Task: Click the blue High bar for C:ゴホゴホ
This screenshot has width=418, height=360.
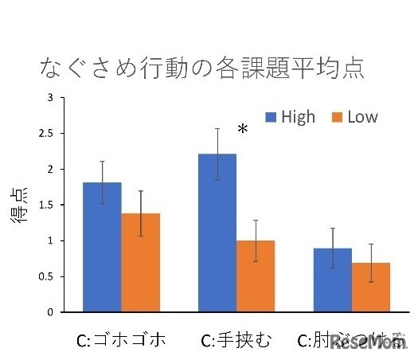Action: pyautogui.click(x=102, y=247)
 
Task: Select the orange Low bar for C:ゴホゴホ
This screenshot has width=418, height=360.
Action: pyautogui.click(x=140, y=263)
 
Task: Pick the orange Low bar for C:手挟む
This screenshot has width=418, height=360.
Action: pyautogui.click(x=255, y=276)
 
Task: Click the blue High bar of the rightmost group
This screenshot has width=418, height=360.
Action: pyautogui.click(x=331, y=280)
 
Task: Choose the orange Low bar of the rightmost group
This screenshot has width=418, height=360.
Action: pyautogui.click(x=369, y=287)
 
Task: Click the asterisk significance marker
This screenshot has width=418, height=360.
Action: pyautogui.click(x=243, y=130)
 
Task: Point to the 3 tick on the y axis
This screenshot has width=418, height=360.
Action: pyautogui.click(x=50, y=98)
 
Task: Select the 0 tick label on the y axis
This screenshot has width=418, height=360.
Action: pyautogui.click(x=50, y=312)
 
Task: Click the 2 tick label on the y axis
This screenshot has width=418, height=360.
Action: pyautogui.click(x=50, y=170)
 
